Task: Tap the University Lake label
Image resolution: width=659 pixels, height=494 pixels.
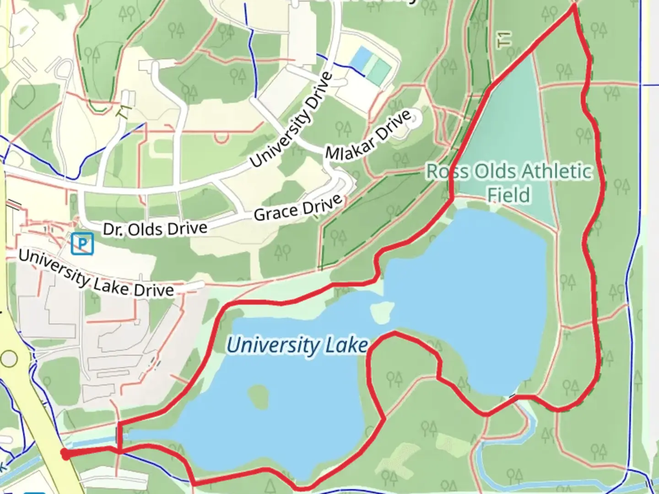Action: point(297,345)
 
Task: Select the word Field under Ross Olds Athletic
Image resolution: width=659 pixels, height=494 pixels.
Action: point(508,195)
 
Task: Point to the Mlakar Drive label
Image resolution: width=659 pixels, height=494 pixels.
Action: point(368,135)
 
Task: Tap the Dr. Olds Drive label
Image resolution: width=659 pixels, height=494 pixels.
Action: point(155,229)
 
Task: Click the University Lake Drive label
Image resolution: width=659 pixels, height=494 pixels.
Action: point(96,273)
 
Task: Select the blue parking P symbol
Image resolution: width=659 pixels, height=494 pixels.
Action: point(82,243)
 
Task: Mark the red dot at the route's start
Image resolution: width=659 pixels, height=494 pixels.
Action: point(65,454)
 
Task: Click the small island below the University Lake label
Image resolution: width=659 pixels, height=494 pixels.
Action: point(258,396)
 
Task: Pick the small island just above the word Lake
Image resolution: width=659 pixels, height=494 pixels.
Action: point(382,312)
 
